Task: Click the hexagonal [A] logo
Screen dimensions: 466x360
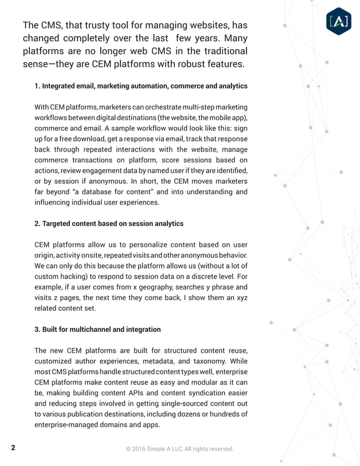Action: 340,21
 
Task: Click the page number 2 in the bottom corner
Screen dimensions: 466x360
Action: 13,448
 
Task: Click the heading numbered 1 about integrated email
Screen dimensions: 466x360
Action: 141,86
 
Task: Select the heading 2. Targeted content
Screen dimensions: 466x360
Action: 109,223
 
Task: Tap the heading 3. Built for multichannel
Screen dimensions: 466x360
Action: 98,329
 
